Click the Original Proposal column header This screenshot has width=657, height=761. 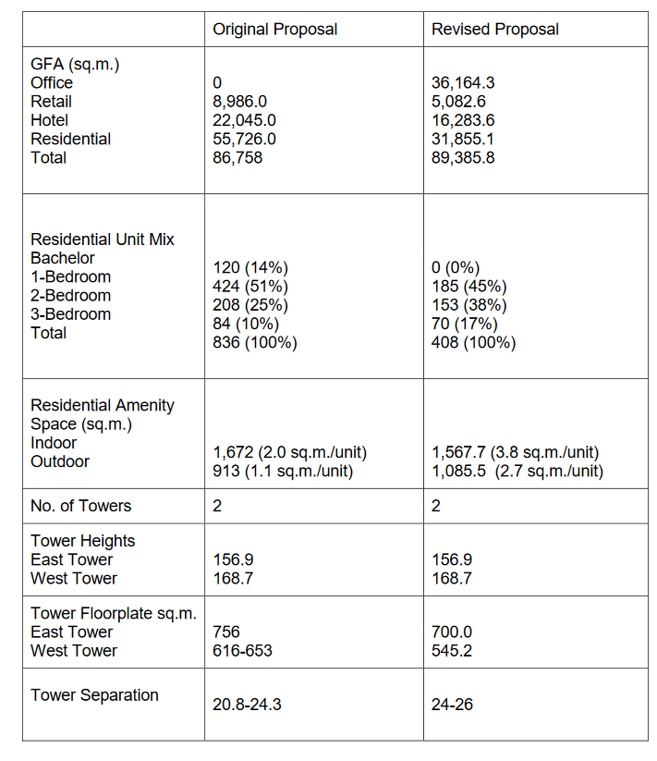click(x=274, y=30)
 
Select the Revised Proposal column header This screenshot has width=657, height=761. click(x=494, y=30)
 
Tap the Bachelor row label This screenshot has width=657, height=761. click(x=63, y=258)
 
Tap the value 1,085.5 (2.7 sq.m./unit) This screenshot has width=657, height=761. click(x=517, y=471)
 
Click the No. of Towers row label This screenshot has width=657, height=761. click(x=81, y=506)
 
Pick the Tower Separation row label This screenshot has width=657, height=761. click(x=94, y=695)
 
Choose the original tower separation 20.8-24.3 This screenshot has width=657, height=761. click(x=247, y=705)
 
